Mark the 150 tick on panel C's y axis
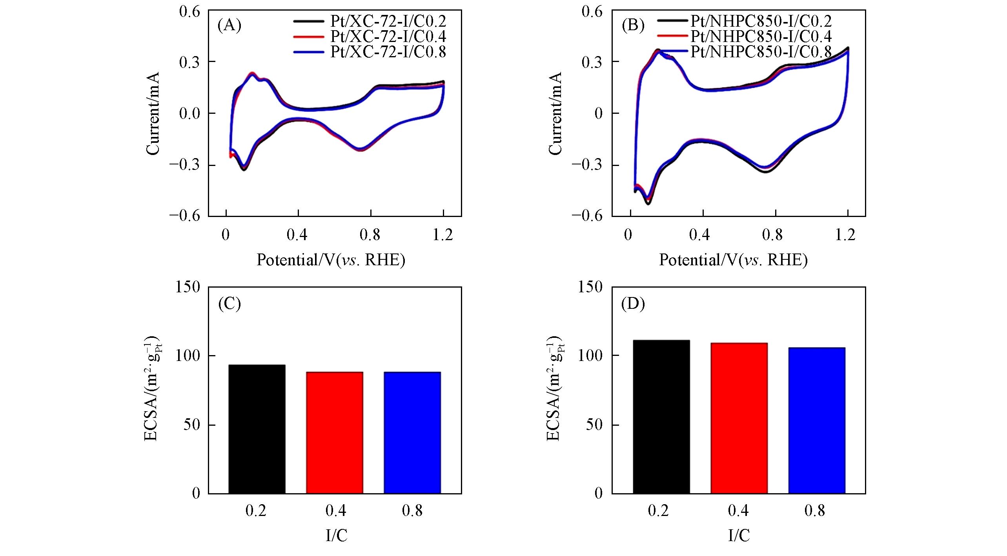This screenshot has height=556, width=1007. [x=190, y=287]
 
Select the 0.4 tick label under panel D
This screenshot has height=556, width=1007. [x=738, y=510]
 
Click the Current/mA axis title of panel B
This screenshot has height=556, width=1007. [x=555, y=113]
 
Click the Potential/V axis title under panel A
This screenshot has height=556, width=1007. [x=331, y=260]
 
